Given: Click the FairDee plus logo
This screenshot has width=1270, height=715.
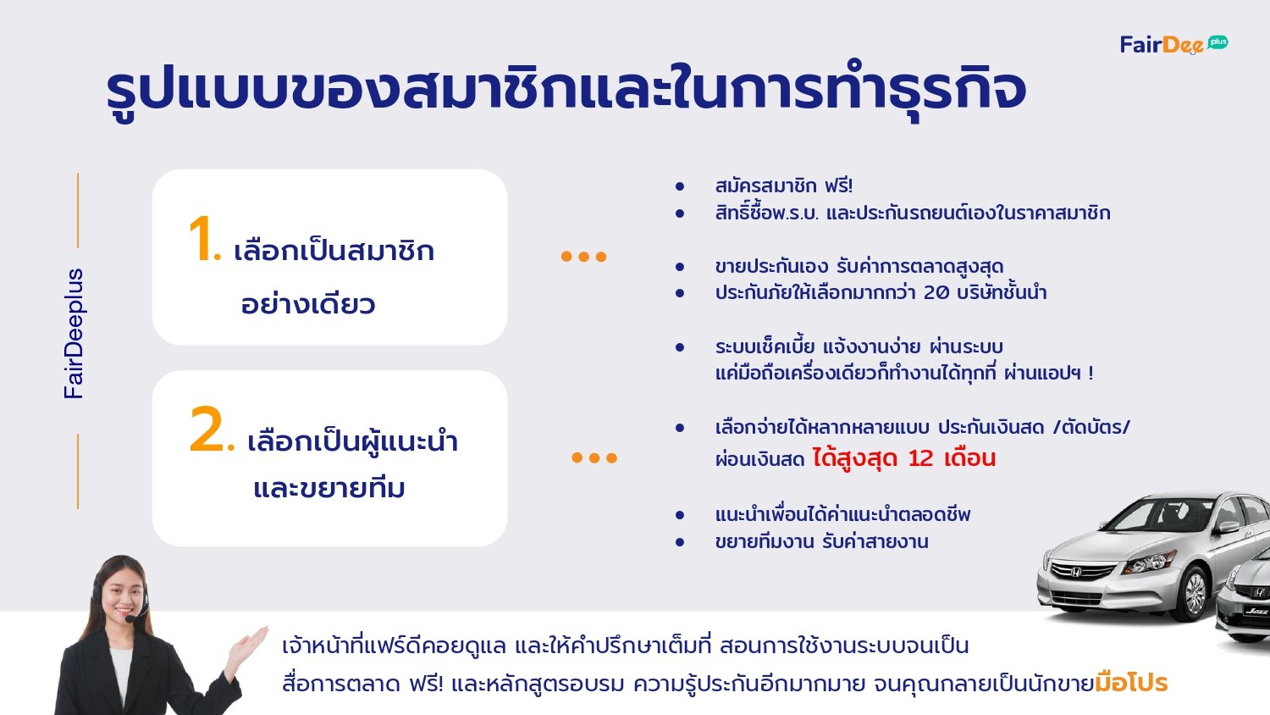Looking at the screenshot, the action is coord(1173,44).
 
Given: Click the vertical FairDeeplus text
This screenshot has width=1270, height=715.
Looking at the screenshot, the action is coord(75,334).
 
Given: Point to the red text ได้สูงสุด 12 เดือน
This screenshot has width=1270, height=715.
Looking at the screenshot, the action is coord(903,458).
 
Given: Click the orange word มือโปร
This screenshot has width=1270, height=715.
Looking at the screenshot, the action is coord(1131,683).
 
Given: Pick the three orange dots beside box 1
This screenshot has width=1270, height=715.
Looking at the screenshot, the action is coord(583,257).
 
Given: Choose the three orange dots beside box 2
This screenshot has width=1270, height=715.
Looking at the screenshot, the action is coord(594,457).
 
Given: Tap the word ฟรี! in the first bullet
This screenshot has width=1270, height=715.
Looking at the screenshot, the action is coord(838,186).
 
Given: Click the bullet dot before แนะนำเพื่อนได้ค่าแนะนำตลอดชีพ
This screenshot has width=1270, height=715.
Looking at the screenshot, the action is coord(680,515).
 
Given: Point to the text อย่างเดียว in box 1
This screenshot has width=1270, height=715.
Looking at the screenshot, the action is coord(308,303).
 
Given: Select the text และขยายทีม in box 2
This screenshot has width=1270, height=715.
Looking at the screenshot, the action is coord(329,488).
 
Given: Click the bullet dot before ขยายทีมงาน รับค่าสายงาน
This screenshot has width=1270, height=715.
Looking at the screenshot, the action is coord(680,542).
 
